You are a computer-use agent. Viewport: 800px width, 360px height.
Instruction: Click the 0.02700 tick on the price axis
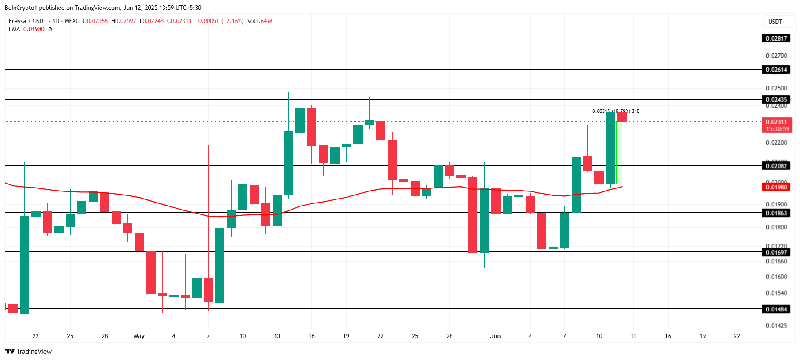pos(776,56)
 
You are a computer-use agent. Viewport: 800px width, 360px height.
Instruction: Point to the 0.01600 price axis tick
pos(776,277)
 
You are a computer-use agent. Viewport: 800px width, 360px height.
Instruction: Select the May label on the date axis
pos(139,336)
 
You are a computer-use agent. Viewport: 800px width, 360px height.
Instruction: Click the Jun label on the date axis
pos(495,336)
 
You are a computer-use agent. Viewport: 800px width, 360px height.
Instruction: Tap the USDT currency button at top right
pos(775,22)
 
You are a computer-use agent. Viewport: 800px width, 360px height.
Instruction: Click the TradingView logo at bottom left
pos(28,352)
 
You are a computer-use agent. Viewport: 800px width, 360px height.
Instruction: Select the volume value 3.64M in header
pos(264,21)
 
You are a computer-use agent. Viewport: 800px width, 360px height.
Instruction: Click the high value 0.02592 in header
pos(126,21)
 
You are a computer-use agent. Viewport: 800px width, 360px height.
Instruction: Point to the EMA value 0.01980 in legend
pos(34,29)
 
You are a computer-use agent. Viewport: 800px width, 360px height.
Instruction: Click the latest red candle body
pos(622,116)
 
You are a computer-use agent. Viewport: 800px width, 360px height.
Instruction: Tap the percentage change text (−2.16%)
pos(232,21)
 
